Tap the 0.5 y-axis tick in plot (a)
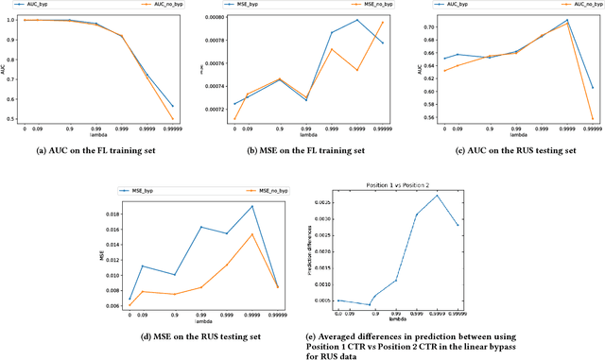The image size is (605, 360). tap(20, 119)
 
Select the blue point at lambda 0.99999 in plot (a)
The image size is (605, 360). tap(173, 106)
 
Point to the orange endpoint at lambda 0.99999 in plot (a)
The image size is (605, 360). tap(173, 119)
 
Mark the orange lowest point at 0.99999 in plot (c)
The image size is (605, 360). tap(592, 119)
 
